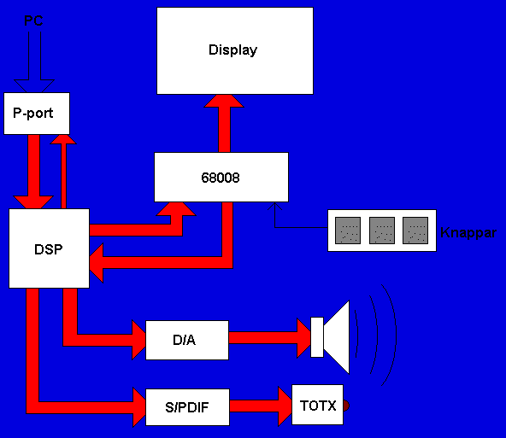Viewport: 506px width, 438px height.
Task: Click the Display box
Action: (x=235, y=51)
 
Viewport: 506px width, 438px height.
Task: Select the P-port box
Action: (x=37, y=114)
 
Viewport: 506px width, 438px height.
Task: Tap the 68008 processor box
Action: (x=221, y=178)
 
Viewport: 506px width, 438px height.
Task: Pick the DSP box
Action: (x=49, y=248)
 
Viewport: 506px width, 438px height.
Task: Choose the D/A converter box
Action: (x=187, y=340)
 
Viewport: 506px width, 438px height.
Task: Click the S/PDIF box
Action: (x=187, y=407)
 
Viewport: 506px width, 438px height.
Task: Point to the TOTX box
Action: (x=318, y=405)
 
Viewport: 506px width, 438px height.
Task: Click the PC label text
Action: (x=33, y=21)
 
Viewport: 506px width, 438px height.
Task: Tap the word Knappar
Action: (x=468, y=233)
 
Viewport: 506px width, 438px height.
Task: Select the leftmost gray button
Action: (x=348, y=231)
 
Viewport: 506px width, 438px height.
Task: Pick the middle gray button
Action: (x=382, y=231)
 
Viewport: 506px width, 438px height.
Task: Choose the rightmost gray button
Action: (x=415, y=231)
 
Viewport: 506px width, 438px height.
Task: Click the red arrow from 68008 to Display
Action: (x=224, y=124)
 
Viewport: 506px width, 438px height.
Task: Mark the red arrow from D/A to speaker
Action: (x=270, y=338)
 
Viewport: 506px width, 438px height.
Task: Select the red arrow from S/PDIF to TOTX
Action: (x=261, y=406)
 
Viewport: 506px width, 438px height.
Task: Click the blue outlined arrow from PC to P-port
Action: (x=34, y=62)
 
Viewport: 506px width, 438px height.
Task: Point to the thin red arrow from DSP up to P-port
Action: (x=63, y=172)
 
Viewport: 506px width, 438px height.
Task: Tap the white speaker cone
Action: (x=337, y=337)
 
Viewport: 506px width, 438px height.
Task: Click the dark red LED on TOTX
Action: (x=346, y=406)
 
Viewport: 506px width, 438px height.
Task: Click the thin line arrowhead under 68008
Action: (x=274, y=207)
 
